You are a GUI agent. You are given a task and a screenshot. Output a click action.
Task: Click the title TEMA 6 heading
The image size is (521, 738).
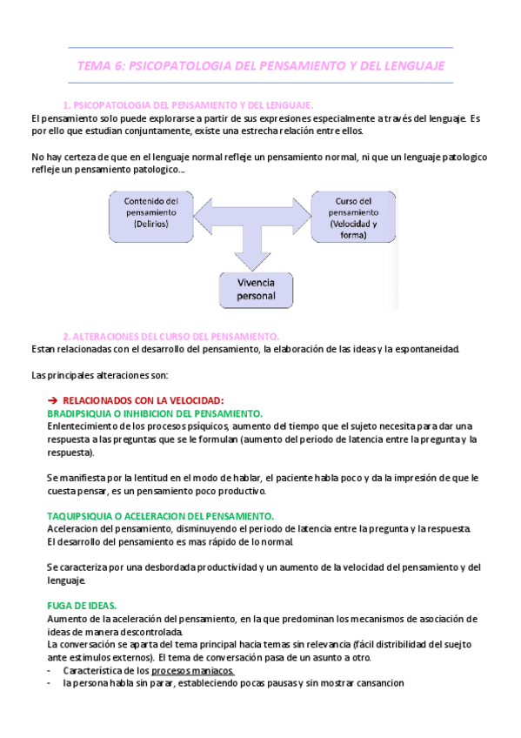click(x=261, y=65)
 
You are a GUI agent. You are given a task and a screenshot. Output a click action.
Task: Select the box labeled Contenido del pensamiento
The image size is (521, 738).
click(x=145, y=212)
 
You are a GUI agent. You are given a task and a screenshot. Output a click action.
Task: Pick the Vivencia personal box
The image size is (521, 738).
click(x=257, y=289)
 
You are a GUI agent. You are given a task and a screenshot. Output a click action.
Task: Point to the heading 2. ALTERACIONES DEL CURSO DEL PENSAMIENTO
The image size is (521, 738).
click(x=170, y=336)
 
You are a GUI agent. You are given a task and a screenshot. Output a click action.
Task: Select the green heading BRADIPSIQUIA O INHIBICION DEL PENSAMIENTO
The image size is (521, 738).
click(x=155, y=413)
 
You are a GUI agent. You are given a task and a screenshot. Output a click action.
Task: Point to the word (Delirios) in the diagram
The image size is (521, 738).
click(x=145, y=224)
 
